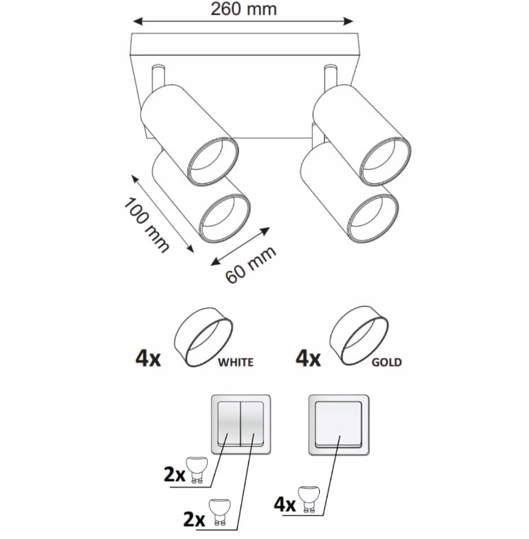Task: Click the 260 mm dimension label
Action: pyautogui.click(x=243, y=9)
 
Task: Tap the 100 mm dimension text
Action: pyautogui.click(x=146, y=226)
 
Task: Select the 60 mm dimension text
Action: pyautogui.click(x=250, y=265)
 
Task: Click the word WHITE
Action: pyautogui.click(x=236, y=362)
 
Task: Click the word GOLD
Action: pyautogui.click(x=386, y=362)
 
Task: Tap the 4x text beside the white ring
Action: pyautogui.click(x=148, y=359)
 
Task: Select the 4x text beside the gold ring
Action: pyautogui.click(x=308, y=359)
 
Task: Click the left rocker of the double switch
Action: pyautogui.click(x=228, y=424)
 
